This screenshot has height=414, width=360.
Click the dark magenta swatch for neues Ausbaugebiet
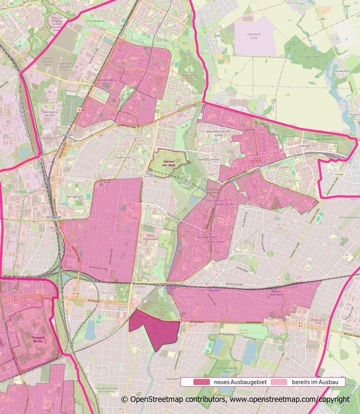[202, 381]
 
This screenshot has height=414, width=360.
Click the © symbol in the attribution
[124, 399]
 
